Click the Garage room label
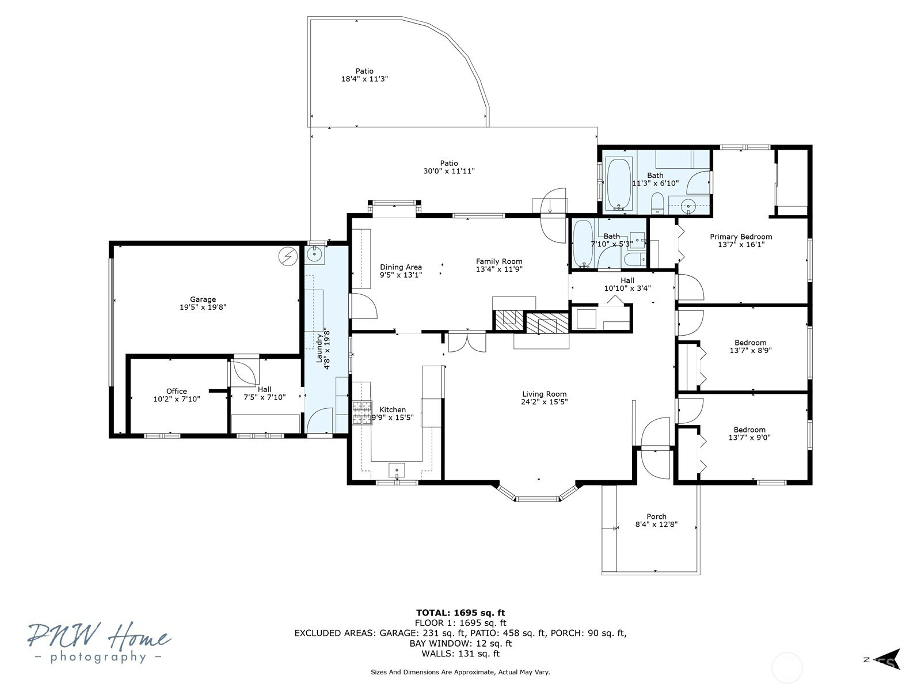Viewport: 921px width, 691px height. tap(203, 299)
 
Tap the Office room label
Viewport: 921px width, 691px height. tap(176, 391)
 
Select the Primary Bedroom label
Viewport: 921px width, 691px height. tap(741, 237)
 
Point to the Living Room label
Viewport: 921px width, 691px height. tap(544, 394)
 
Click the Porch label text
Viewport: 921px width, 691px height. tap(656, 517)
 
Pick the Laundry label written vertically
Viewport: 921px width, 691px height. tap(319, 348)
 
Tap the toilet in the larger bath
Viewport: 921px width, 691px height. tap(657, 203)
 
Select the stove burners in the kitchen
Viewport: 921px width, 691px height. tap(361, 413)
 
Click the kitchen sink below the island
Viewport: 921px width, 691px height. tap(396, 470)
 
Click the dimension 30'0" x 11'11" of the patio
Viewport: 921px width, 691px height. tap(448, 171)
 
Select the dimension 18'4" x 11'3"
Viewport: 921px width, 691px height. tap(364, 78)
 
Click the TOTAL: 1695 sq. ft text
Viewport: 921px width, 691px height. tap(461, 613)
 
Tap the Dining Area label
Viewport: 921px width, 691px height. tap(401, 267)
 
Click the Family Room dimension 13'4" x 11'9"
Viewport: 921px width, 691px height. tap(499, 269)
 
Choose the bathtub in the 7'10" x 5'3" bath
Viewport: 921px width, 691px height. tap(583, 244)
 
